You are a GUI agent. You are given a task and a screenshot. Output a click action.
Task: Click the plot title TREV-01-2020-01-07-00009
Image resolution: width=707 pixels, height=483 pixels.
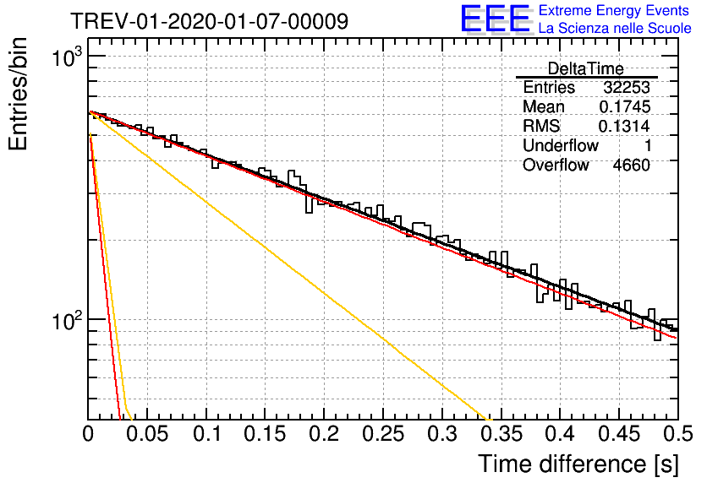[210, 21]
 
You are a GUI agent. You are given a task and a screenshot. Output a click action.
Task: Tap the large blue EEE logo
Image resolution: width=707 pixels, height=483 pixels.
[496, 19]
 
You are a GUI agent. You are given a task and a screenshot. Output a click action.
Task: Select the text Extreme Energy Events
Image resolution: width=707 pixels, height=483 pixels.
[614, 10]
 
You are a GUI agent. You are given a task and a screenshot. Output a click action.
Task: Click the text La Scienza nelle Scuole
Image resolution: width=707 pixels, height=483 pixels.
[615, 28]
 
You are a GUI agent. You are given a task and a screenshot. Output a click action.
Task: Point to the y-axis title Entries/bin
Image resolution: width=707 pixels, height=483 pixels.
[19, 95]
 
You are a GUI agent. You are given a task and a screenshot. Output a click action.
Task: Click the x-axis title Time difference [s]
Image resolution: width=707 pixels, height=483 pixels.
[578, 464]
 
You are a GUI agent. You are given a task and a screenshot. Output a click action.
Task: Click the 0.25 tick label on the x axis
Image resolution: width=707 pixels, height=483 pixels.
[383, 434]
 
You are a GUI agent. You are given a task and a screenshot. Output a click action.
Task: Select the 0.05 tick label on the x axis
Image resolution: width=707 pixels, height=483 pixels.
[147, 434]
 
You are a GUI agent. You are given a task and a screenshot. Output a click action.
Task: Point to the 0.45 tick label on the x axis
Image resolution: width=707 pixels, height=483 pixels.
[619, 434]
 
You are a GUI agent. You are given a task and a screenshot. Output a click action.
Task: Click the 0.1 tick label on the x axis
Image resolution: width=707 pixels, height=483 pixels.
[207, 434]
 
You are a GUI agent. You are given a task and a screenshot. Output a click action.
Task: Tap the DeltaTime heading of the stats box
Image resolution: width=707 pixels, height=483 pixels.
[586, 68]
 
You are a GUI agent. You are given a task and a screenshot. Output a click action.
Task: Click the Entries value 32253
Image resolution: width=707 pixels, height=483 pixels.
[627, 87]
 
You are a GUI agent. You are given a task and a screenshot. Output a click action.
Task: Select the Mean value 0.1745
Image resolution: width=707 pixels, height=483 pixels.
[625, 106]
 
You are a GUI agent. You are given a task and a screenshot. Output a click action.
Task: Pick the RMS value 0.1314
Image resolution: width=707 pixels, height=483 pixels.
[624, 126]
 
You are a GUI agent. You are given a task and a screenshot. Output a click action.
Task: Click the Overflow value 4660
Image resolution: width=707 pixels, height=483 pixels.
[631, 166]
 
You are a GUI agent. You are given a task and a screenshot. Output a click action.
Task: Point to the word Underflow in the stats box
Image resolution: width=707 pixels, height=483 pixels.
[561, 145]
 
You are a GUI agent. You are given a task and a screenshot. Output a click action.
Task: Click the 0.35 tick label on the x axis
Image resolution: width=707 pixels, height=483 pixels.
[501, 434]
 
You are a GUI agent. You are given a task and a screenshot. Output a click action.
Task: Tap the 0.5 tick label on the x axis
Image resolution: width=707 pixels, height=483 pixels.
[677, 434]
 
